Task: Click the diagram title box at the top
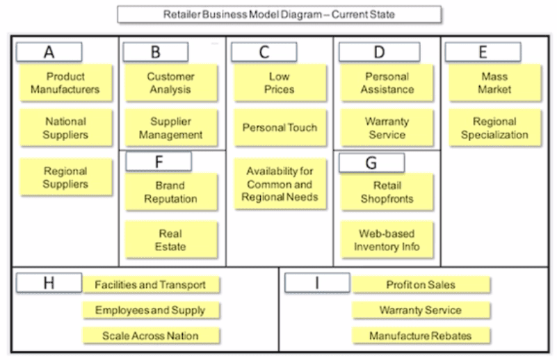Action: [x=279, y=14]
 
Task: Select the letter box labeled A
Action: [x=49, y=51]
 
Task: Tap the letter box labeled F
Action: [x=159, y=161]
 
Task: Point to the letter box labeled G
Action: [x=371, y=163]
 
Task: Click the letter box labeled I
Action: [x=317, y=283]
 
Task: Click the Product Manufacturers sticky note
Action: [x=65, y=83]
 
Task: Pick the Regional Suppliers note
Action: [x=65, y=177]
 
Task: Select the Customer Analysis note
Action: [x=170, y=83]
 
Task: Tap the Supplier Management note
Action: [x=170, y=128]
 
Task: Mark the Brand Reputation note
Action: [x=170, y=192]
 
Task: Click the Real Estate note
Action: [x=170, y=240]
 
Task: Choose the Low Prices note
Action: [x=280, y=83]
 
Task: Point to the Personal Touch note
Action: [x=280, y=128]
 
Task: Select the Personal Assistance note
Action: [x=387, y=83]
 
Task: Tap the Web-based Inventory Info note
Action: [x=387, y=240]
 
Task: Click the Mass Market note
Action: [x=494, y=83]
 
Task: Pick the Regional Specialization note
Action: [x=494, y=128]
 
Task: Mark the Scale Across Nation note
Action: [x=150, y=336]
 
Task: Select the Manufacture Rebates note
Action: [x=420, y=336]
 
